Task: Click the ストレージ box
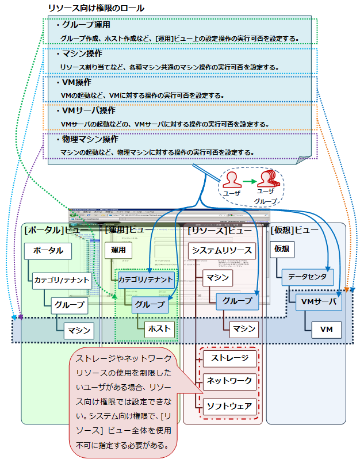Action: point(229,359)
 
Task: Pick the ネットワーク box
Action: point(229,381)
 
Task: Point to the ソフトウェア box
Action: point(229,407)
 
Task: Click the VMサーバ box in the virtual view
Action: point(318,303)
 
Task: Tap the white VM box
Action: point(326,330)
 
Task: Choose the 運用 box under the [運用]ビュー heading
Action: point(118,251)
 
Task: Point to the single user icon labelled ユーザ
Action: point(231,179)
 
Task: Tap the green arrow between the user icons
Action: point(248,181)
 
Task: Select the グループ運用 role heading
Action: point(86,25)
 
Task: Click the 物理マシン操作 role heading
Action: point(90,139)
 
